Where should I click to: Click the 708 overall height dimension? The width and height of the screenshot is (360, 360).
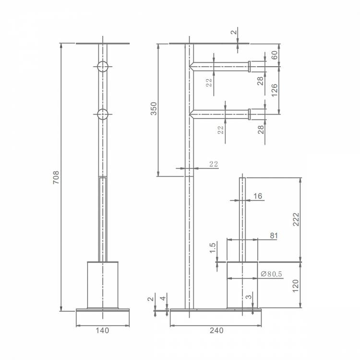point(56,177)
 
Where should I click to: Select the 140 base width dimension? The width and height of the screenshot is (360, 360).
point(102,331)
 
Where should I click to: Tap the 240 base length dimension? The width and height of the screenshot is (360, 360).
point(216,330)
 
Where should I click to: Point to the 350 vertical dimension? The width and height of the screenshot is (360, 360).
point(154,108)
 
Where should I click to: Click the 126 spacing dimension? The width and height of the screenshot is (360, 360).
point(274,90)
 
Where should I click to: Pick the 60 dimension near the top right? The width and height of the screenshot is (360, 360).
point(275,55)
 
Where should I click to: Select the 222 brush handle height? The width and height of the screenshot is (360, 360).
point(296,219)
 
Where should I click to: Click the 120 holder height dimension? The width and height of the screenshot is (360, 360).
point(296,286)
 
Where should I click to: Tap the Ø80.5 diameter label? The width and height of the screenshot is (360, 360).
point(271,274)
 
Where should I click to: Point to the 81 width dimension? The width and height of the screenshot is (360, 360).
point(274,236)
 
